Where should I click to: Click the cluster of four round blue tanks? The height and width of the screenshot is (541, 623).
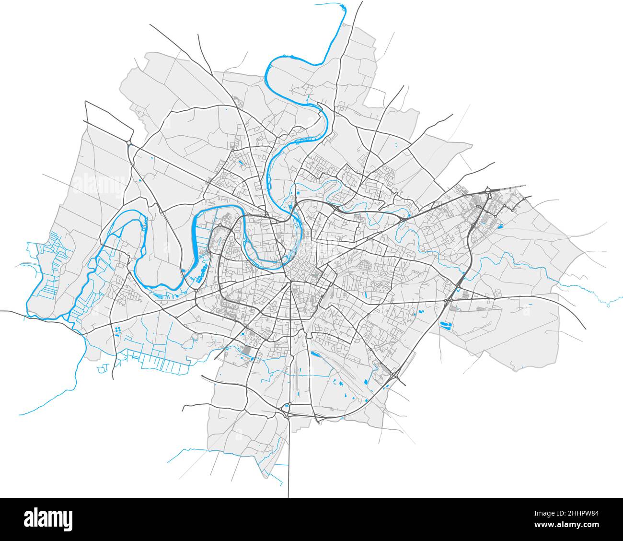click(x=117, y=329)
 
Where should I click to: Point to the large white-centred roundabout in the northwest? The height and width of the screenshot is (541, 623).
click(x=129, y=142)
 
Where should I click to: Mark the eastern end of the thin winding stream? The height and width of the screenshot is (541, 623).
click(x=608, y=304)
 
